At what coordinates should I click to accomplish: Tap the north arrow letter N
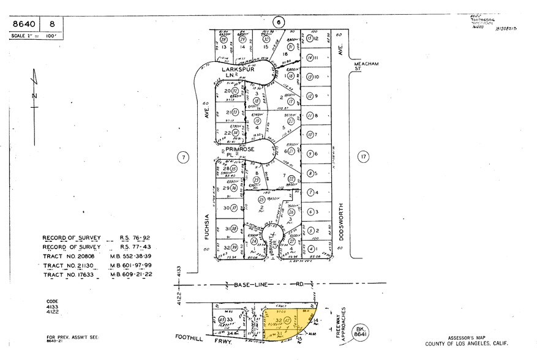click(x=36, y=96)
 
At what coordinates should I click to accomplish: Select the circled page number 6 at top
click(x=278, y=23)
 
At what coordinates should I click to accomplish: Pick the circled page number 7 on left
click(x=183, y=157)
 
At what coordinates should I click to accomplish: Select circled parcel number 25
click(x=261, y=200)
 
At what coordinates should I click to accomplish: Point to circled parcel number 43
click(x=222, y=319)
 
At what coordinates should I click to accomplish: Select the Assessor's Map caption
click(x=484, y=338)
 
